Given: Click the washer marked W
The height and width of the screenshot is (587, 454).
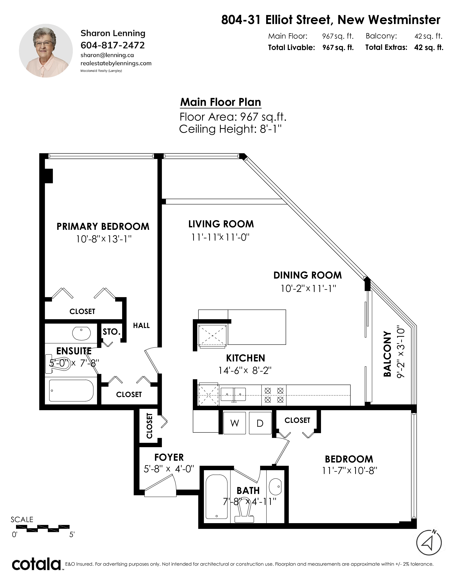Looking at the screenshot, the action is coord(234,423).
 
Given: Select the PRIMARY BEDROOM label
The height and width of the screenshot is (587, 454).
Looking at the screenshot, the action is coord(103,227).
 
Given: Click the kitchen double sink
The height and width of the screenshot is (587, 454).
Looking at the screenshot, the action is coord(233,395).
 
